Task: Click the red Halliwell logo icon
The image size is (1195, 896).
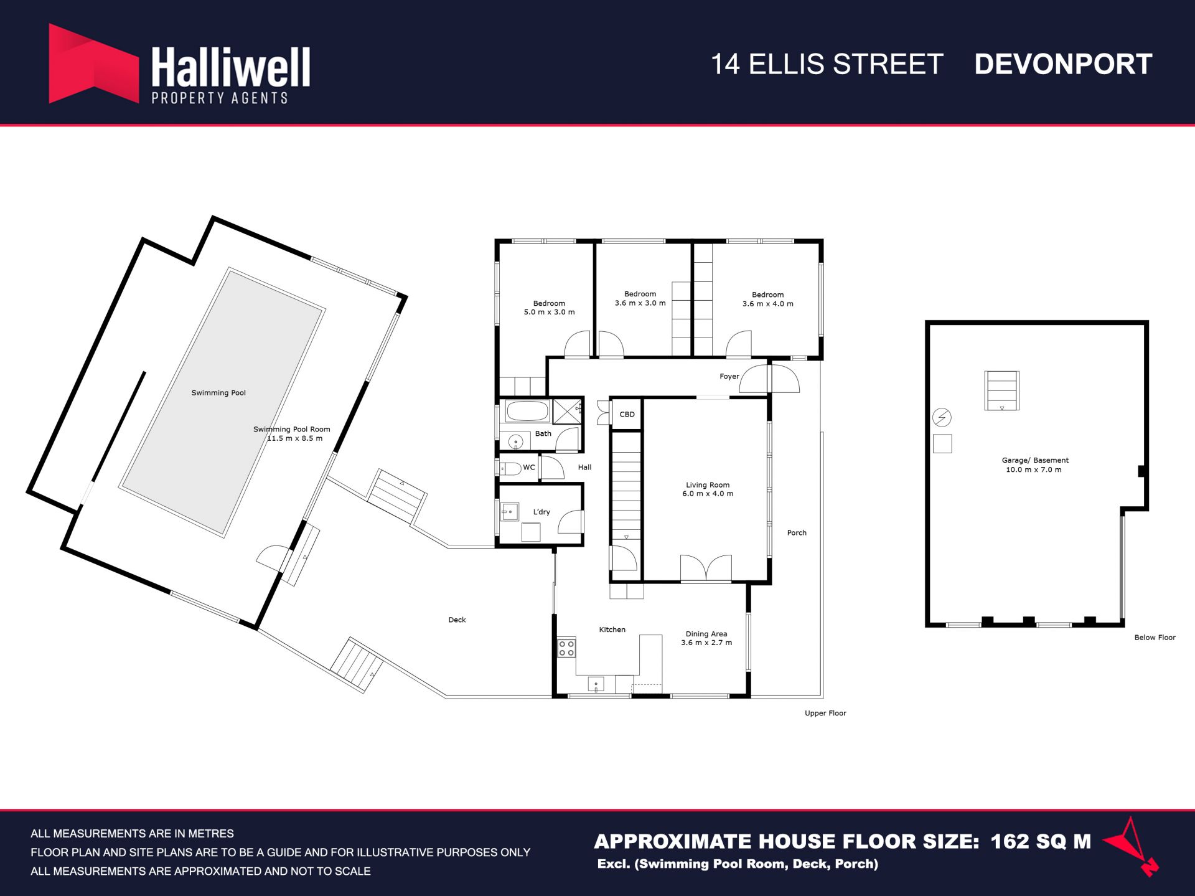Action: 93,64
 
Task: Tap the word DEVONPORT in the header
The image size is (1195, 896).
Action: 1063,64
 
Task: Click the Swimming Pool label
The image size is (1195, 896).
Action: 218,393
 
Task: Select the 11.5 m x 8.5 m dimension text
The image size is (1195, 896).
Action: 294,438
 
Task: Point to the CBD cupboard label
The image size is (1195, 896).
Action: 627,414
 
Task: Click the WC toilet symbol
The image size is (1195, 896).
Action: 510,468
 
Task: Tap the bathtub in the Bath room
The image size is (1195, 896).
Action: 527,411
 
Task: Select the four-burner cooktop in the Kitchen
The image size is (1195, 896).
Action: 566,648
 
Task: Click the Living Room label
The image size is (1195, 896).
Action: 708,484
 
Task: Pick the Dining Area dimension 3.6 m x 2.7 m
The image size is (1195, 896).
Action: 706,643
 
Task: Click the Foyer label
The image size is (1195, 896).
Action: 729,377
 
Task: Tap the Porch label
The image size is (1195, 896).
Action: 797,533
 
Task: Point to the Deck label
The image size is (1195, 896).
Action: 457,620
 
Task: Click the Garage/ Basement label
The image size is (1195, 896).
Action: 1035,460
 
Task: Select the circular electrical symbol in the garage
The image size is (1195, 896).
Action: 942,417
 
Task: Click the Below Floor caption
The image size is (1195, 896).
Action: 1155,638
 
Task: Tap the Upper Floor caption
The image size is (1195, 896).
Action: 825,714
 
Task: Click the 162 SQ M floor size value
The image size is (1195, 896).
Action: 1041,842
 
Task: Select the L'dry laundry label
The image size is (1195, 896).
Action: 541,512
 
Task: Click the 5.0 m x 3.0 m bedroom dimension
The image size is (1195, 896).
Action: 549,312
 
